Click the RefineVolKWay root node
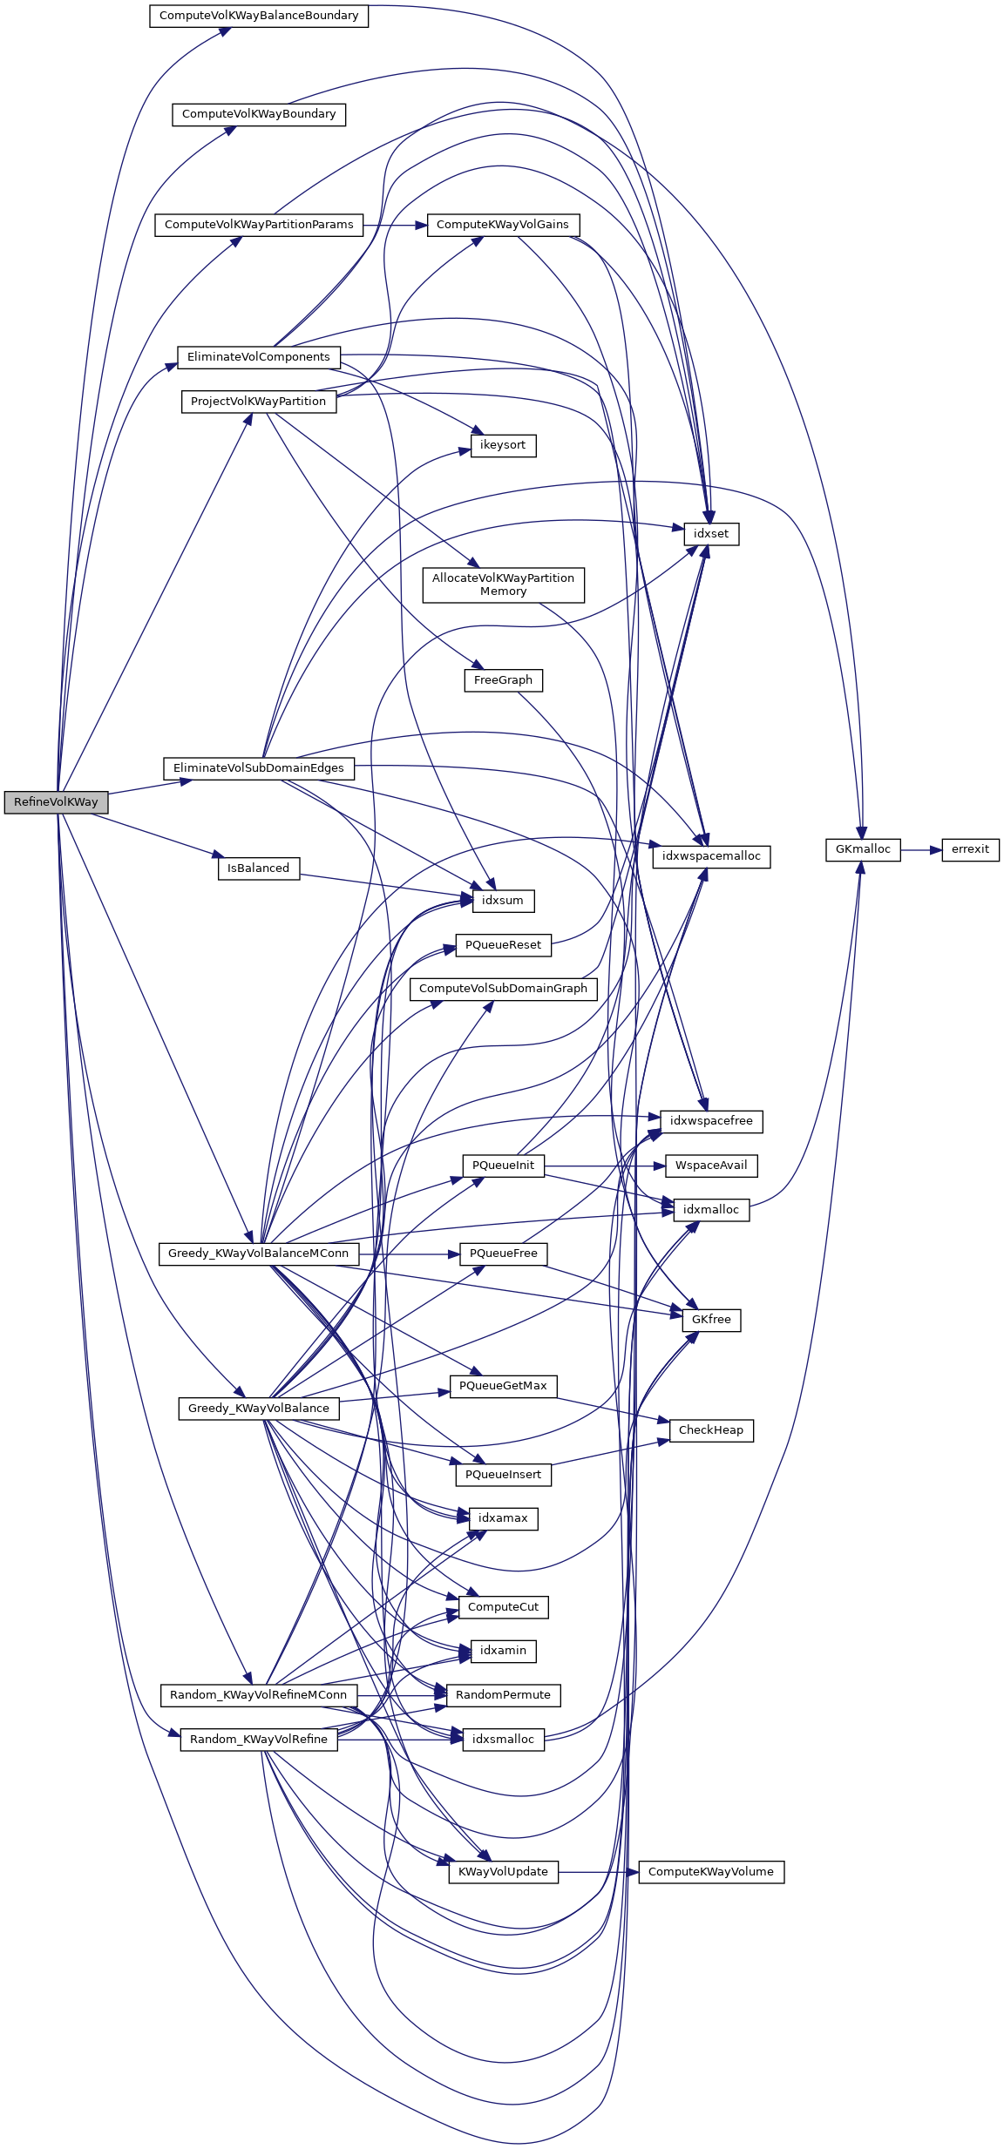[56, 802]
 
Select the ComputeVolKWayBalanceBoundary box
[259, 16]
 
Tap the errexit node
[970, 849]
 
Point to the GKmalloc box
[863, 849]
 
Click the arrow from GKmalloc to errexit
[921, 849]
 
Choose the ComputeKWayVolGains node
[503, 225]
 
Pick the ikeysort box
[503, 445]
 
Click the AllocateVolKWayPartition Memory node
[503, 585]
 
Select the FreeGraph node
[503, 680]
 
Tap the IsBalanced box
[258, 868]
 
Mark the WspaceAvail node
[711, 1166]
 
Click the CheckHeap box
[711, 1430]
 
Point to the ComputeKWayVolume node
[711, 1872]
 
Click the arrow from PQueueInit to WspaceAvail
[605, 1166]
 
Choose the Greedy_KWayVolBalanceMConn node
[258, 1254]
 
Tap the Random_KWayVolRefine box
[259, 1740]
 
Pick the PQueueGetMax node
[503, 1386]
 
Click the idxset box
[711, 534]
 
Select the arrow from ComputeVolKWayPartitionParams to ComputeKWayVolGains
[395, 225]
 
